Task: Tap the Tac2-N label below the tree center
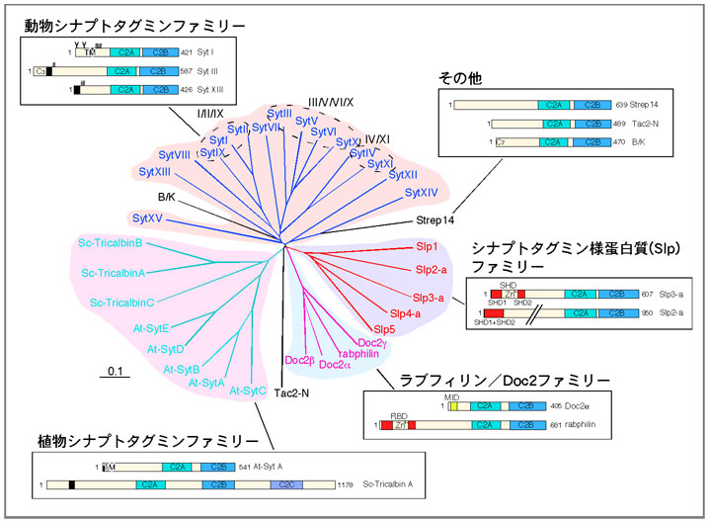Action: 292,393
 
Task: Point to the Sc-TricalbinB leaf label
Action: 112,243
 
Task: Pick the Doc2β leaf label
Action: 300,359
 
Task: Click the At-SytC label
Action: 248,391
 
